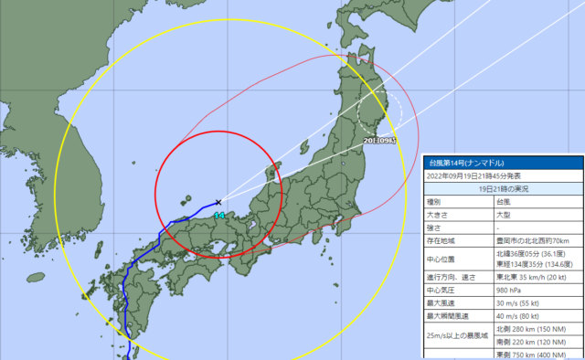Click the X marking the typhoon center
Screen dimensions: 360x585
[219, 202]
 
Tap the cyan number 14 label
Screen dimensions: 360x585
[218, 215]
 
